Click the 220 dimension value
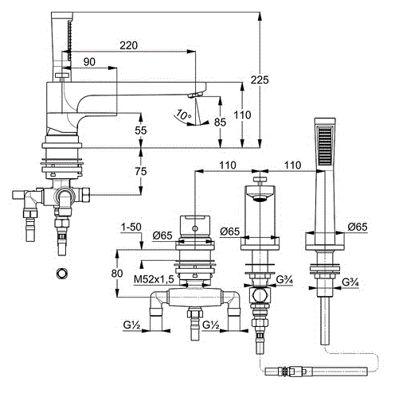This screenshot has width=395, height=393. [128, 45]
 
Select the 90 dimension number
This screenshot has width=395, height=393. [89, 62]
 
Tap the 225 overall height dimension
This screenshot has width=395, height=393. [260, 80]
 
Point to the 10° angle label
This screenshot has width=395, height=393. [183, 115]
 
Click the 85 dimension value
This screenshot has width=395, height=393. [220, 123]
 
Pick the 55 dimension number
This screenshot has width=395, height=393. [141, 130]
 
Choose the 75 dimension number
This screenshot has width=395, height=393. [141, 171]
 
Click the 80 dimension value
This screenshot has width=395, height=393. [117, 273]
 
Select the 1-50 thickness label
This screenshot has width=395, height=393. [131, 227]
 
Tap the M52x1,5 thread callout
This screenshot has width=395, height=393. [154, 279]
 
